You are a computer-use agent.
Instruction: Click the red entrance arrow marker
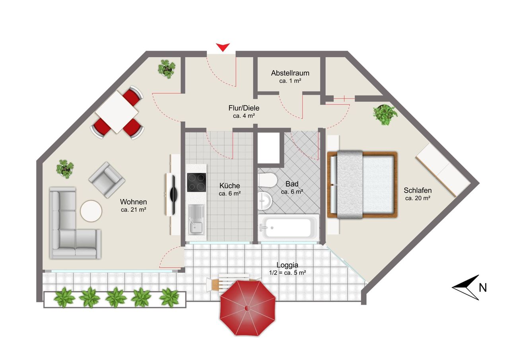(x=223, y=47)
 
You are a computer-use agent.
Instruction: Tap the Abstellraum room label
(x=290, y=73)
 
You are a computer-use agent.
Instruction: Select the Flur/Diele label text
(x=244, y=108)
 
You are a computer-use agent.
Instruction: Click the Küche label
(x=229, y=186)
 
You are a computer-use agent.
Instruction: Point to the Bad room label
(x=292, y=184)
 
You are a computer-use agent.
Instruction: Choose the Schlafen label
(x=418, y=190)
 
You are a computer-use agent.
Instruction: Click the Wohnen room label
(x=133, y=202)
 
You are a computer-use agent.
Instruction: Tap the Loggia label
(x=287, y=265)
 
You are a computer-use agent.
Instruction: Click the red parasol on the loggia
(x=248, y=308)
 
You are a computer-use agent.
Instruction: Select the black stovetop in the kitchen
(x=196, y=182)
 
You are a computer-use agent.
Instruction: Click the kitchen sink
(x=196, y=220)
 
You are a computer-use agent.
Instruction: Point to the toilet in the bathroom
(x=267, y=180)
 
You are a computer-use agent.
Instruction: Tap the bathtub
(x=288, y=228)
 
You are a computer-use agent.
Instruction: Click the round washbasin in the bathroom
(x=265, y=200)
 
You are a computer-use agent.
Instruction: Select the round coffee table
(x=91, y=211)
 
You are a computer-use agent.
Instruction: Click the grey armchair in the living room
(x=107, y=180)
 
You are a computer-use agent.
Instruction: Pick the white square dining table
(x=117, y=112)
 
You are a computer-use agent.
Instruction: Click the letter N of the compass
(x=483, y=288)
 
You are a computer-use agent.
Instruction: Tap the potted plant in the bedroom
(x=385, y=115)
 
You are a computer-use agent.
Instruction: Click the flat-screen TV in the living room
(x=173, y=195)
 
